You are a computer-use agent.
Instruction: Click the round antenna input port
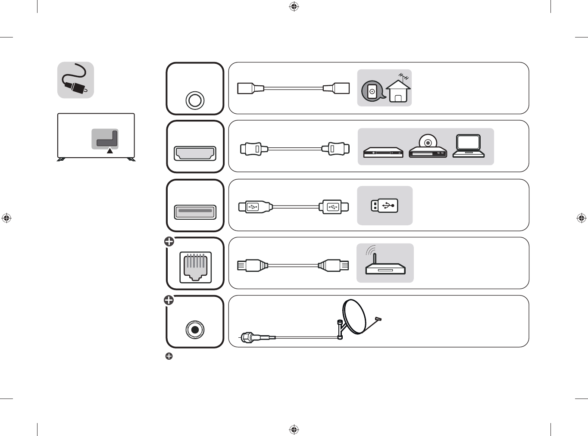coord(194,100)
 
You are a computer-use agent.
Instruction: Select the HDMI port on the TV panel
coord(195,153)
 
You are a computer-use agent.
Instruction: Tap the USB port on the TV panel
coord(195,212)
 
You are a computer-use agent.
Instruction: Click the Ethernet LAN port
coord(195,267)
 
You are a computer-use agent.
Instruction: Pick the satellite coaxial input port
coord(195,330)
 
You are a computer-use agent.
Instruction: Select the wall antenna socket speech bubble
coord(372,91)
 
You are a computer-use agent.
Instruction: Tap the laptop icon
coord(469,146)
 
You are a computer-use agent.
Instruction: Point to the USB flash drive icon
coord(385,206)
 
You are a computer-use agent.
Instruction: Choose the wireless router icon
coord(385,264)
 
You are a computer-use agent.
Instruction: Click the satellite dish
coord(354,317)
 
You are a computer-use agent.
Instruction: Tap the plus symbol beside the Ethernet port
coord(169,242)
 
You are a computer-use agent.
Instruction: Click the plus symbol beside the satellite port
coord(169,300)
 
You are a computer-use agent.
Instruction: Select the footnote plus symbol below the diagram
coord(169,356)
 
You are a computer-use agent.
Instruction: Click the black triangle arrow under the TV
coord(110,151)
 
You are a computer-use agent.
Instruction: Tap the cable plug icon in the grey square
coord(76,80)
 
